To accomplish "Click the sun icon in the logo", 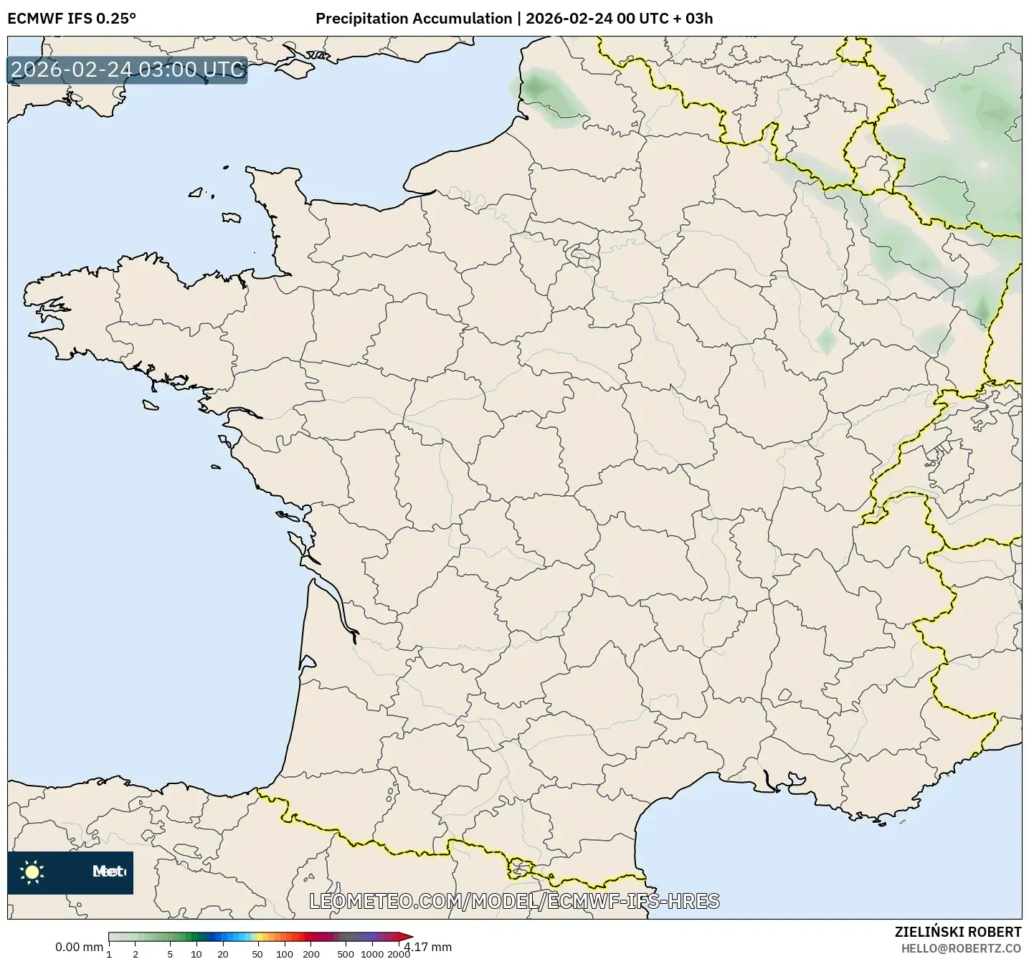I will pos(32,872).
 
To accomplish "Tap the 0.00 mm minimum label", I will pos(79,947).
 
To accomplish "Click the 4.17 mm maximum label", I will pos(429,947).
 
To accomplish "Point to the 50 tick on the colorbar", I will pos(257,953).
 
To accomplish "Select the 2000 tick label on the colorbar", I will pos(399,953).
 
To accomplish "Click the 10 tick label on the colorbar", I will pos(196,953).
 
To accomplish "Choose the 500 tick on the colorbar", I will pos(346,953).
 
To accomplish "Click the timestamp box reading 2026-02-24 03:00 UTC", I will pos(128,70).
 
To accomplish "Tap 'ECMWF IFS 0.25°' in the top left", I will pos(72,19).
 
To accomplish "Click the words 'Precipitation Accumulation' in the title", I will pos(414,19).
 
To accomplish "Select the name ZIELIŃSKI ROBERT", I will pos(958,932).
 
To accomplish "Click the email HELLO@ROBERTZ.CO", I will pos(961,948).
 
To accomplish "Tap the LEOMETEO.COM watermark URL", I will pos(514,901).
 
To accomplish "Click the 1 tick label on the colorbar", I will pos(109,953).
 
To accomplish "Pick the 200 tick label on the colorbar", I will pos(310,953).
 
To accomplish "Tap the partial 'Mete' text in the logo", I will pos(109,872).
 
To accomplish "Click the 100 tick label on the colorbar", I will pos(285,953).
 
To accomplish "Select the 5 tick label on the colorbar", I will pos(170,953).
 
